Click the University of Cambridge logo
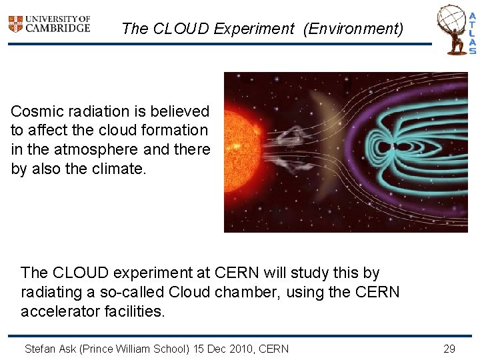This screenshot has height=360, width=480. tap(49, 24)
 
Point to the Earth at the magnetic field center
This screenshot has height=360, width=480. tap(394, 146)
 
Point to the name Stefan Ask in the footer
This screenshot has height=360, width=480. tap(50, 349)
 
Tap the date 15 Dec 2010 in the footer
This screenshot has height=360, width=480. tap(224, 349)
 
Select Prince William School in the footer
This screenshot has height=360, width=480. tap(134, 349)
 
